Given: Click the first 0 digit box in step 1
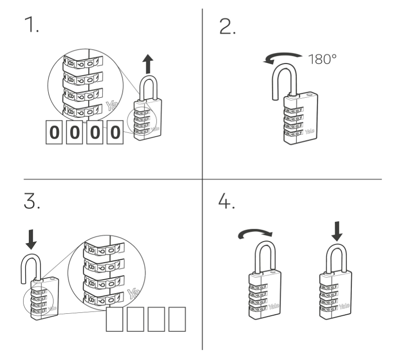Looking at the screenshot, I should (x=55, y=132).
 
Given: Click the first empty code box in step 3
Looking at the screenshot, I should (x=115, y=320).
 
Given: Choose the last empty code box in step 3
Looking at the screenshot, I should (x=176, y=320).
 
